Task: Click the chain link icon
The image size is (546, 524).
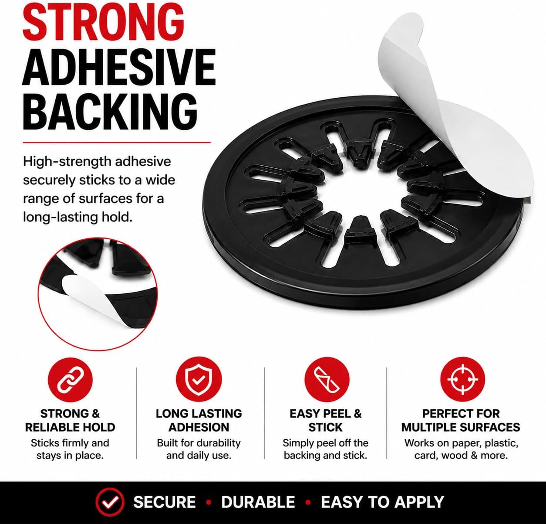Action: click(70, 380)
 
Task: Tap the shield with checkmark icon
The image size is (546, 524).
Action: click(199, 380)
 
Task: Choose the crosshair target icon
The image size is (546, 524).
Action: click(462, 379)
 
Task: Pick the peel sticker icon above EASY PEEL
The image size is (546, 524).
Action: click(327, 380)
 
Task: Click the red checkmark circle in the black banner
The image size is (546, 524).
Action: click(110, 502)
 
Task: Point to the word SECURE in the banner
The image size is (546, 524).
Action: click(165, 502)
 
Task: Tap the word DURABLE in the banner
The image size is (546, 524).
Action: click(258, 502)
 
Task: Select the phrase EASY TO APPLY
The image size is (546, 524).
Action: click(382, 502)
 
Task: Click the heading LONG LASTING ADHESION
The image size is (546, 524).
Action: click(199, 420)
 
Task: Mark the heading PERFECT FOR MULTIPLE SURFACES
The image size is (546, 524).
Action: click(461, 420)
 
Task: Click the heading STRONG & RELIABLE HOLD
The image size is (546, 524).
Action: click(70, 420)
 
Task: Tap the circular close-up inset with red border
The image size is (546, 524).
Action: click(98, 294)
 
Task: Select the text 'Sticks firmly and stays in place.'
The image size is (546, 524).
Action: click(70, 449)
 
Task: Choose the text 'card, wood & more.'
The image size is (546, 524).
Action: click(461, 455)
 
